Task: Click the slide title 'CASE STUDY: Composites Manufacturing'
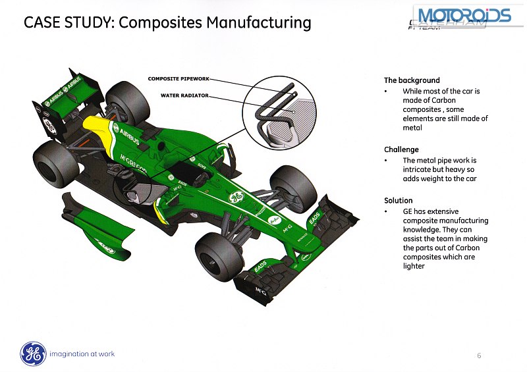[167, 23]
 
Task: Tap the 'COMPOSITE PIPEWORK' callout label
[179, 79]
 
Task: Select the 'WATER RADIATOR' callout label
[184, 95]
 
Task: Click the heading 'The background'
[412, 80]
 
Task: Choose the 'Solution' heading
[399, 200]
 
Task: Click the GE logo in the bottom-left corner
[32, 354]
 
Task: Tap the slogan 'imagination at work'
[82, 354]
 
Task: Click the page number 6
[479, 356]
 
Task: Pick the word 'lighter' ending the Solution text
[414, 266]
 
